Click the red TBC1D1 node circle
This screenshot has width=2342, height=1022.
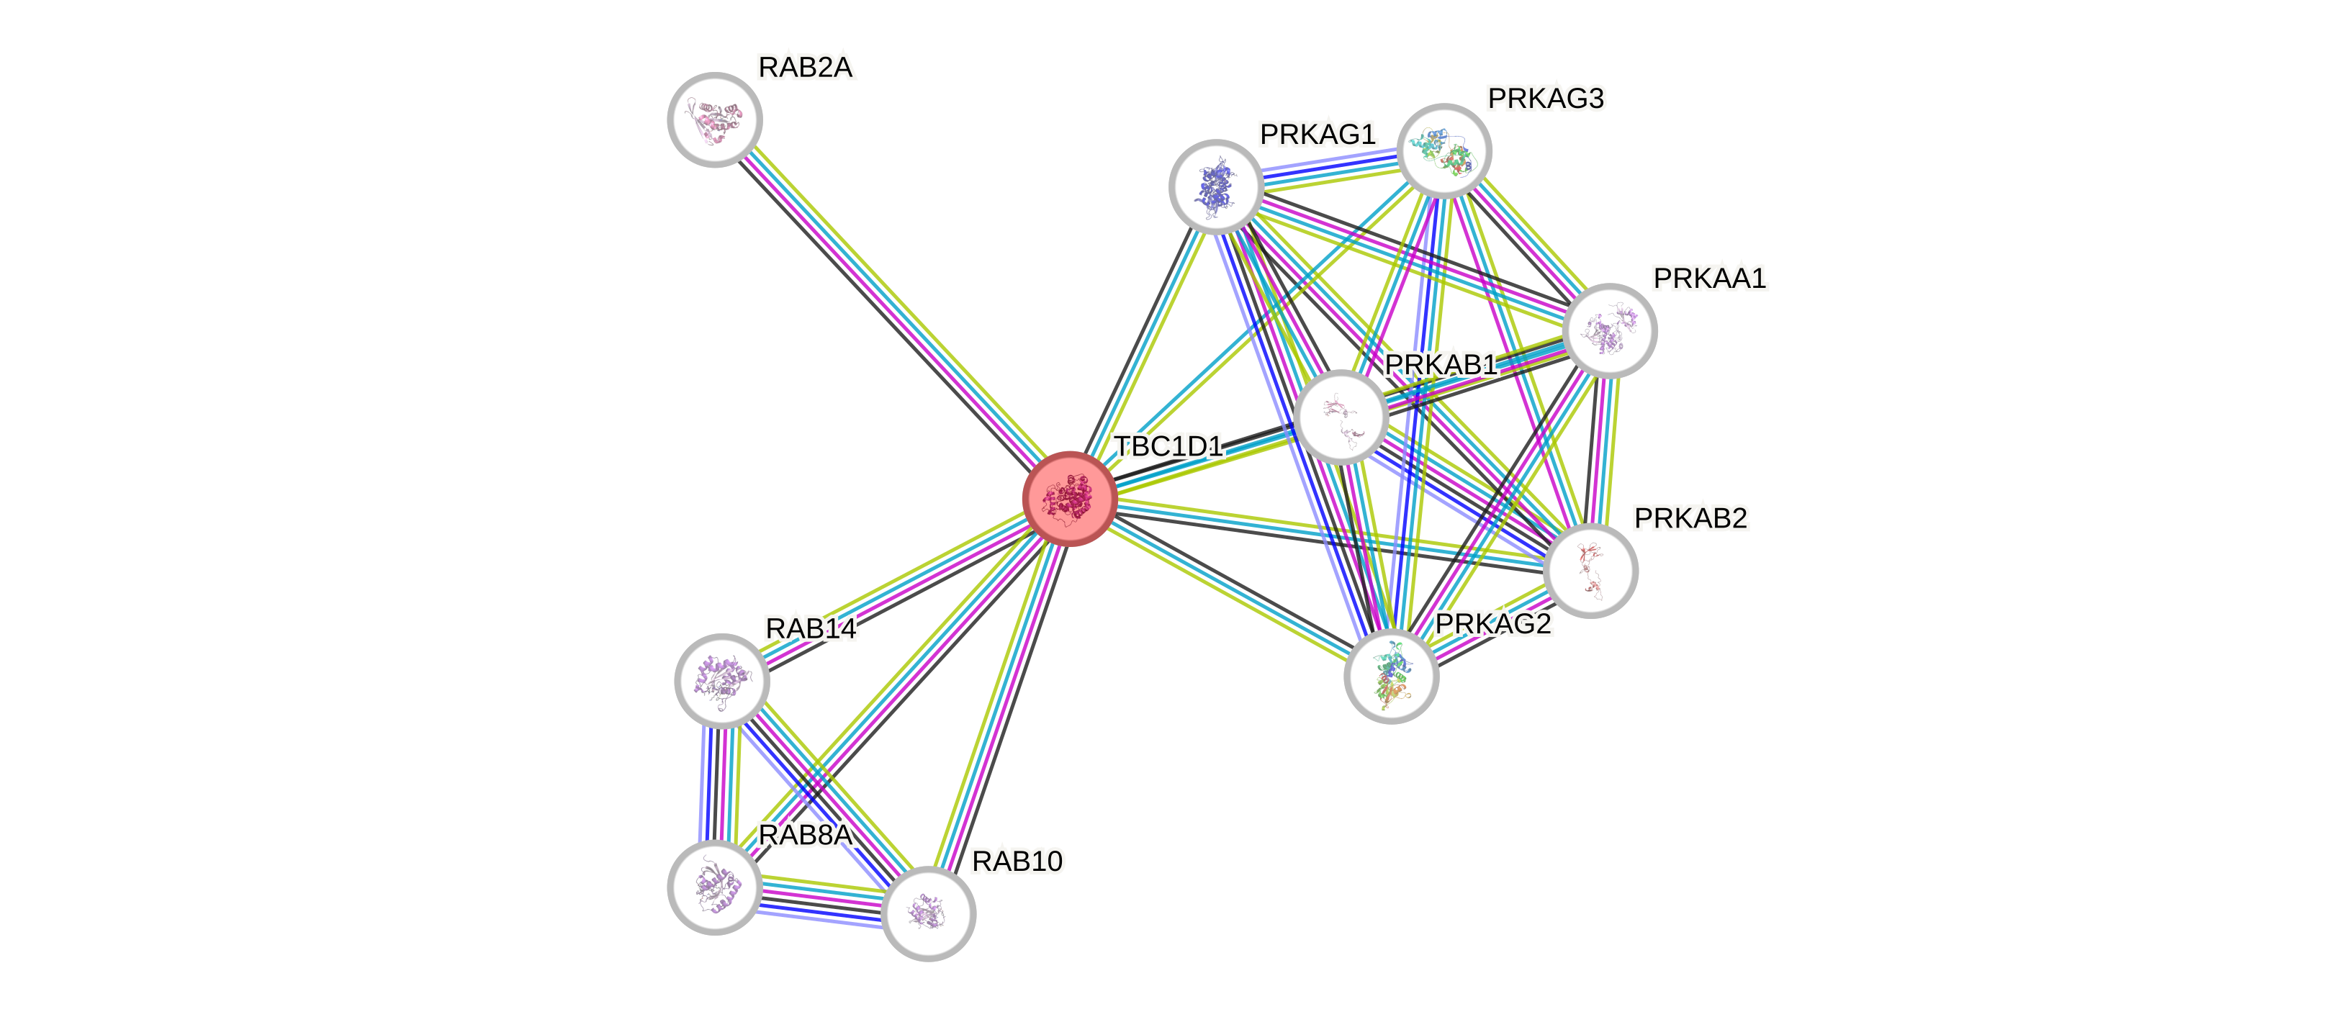(x=1069, y=498)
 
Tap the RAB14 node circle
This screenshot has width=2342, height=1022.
(x=722, y=680)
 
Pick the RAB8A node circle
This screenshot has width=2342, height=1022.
(x=715, y=887)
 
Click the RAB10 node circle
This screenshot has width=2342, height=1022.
(x=928, y=913)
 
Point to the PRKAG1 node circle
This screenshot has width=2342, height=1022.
(x=1215, y=186)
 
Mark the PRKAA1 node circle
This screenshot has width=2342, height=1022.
(x=1610, y=330)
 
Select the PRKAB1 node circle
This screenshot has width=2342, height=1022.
(x=1341, y=417)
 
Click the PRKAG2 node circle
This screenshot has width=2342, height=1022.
(x=1391, y=677)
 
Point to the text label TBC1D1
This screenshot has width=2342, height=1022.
(x=1168, y=446)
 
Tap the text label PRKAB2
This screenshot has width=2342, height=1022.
(x=1690, y=518)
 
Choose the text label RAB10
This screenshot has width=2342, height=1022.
(x=1017, y=861)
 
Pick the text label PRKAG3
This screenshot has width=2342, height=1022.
(x=1546, y=98)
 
